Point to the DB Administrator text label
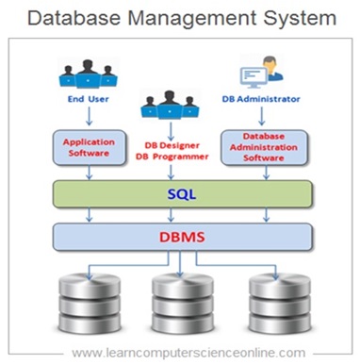click(x=272, y=96)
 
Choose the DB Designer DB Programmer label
click(x=178, y=149)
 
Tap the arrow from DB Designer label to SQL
click(x=178, y=174)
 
